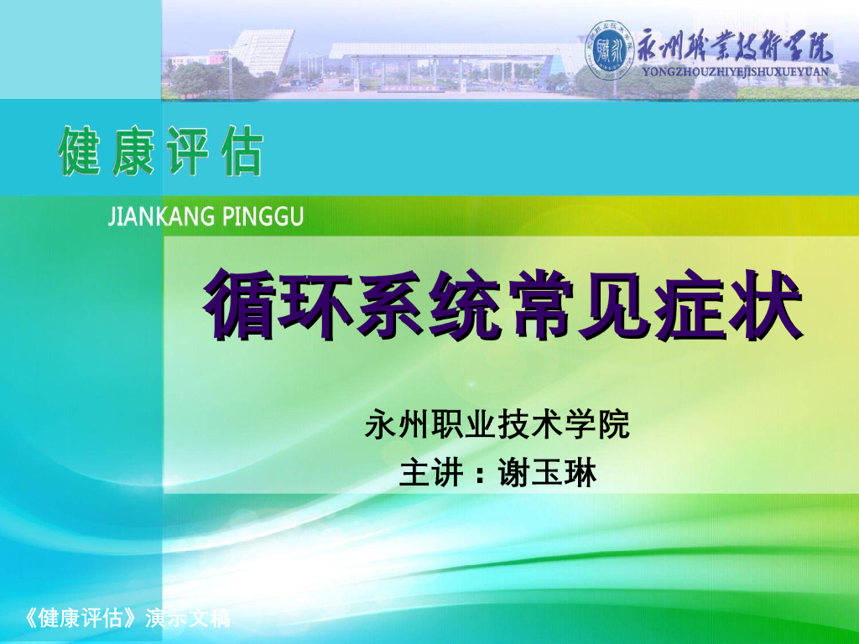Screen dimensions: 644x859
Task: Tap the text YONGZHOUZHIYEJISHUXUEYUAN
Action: [x=735, y=72]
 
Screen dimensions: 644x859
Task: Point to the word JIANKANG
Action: [x=154, y=218]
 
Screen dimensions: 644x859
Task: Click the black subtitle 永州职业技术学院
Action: [x=497, y=426]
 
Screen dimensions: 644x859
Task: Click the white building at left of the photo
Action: [x=261, y=50]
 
